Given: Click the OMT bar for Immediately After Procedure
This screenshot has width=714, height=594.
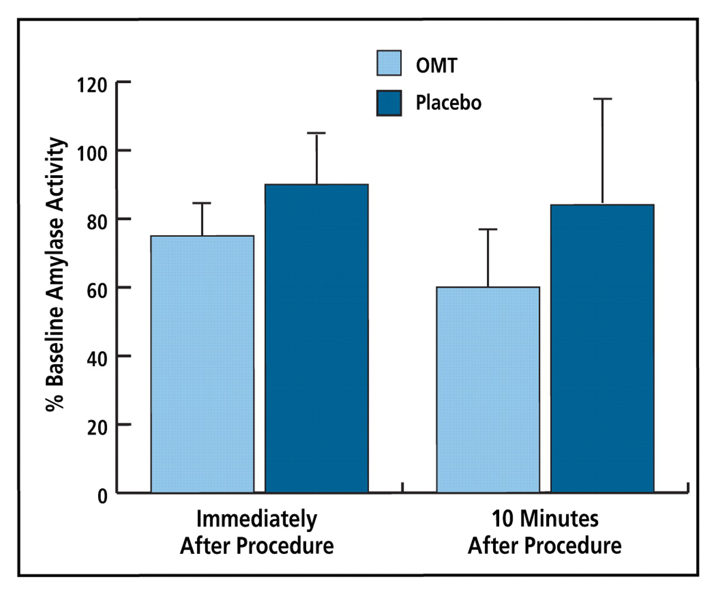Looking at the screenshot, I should point(202,364).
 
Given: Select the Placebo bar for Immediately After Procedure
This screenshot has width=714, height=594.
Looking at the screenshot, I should point(316,338).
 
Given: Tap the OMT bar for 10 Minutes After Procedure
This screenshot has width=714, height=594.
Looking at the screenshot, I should point(488,389).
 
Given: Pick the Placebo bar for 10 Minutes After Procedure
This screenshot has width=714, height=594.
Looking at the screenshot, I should point(602,349).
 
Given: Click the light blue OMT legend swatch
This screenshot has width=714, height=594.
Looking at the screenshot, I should point(389,63).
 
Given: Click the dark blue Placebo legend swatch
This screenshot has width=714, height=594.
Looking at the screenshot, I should point(389,103).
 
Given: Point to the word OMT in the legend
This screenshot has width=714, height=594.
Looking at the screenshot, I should point(436,65).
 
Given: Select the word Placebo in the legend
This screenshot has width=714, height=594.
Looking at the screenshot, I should point(448,103).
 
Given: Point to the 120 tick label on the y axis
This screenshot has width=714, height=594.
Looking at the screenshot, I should point(91,85).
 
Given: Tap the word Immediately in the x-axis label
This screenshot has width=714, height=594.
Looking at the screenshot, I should point(257,519).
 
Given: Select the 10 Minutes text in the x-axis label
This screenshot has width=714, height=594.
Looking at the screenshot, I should point(544,519).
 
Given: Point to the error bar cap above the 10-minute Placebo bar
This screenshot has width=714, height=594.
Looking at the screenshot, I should point(602,99).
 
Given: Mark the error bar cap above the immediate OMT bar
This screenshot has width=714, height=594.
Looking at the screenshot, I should point(202,204).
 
